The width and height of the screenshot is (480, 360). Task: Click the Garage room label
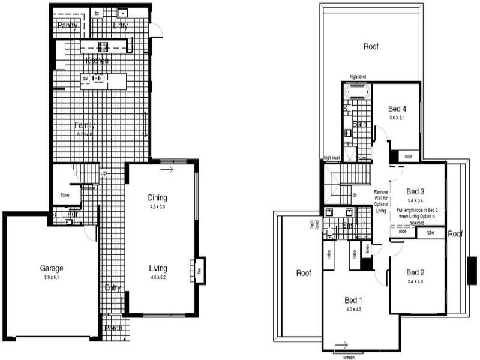(x=52, y=268)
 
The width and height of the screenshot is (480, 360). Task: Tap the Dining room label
(x=158, y=198)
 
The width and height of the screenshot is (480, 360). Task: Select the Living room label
(x=158, y=268)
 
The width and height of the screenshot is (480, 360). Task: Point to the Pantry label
(x=68, y=25)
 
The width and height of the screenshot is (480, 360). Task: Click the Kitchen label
(x=97, y=61)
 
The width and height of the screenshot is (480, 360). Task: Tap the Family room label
(x=85, y=125)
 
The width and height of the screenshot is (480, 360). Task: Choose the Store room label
(x=65, y=195)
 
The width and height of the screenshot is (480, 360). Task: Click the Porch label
(x=113, y=328)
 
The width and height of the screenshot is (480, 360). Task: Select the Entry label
(x=112, y=288)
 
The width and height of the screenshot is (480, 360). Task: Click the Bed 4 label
(x=397, y=109)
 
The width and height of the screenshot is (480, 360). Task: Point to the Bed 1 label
(x=353, y=300)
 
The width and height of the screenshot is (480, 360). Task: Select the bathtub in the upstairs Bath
(x=358, y=91)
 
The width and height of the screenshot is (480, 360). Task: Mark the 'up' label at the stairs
(x=103, y=173)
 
